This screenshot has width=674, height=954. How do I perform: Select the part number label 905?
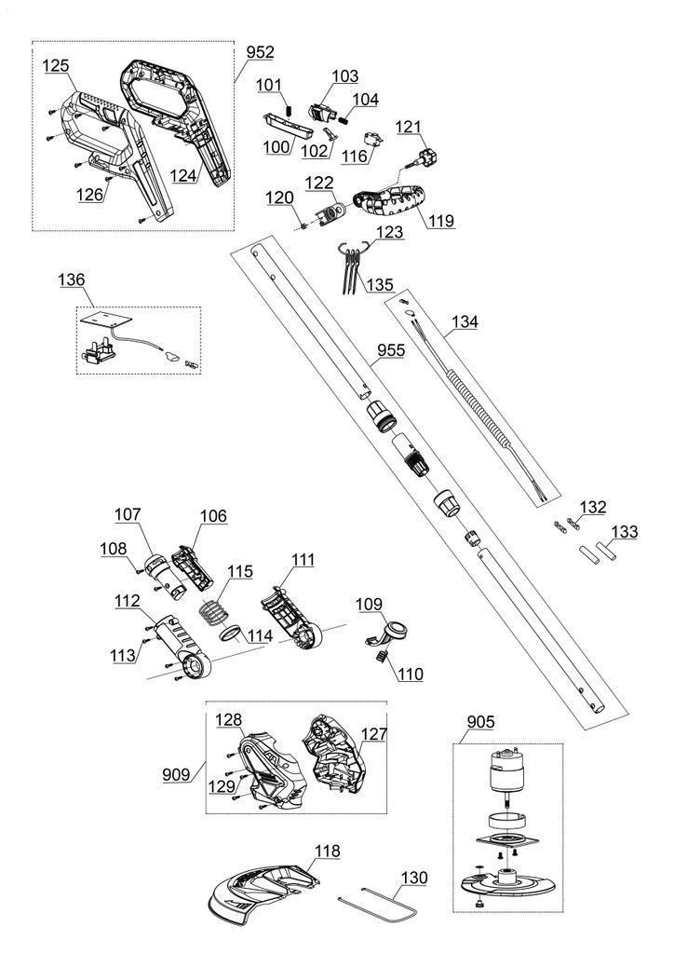481,721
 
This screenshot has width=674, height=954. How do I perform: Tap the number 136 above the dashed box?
71,279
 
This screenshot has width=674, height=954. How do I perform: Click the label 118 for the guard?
327,851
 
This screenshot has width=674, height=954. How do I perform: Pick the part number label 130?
416,878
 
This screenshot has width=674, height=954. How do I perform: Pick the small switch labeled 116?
375,139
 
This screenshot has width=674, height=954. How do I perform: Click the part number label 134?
465,323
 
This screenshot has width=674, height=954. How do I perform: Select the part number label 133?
627,532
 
